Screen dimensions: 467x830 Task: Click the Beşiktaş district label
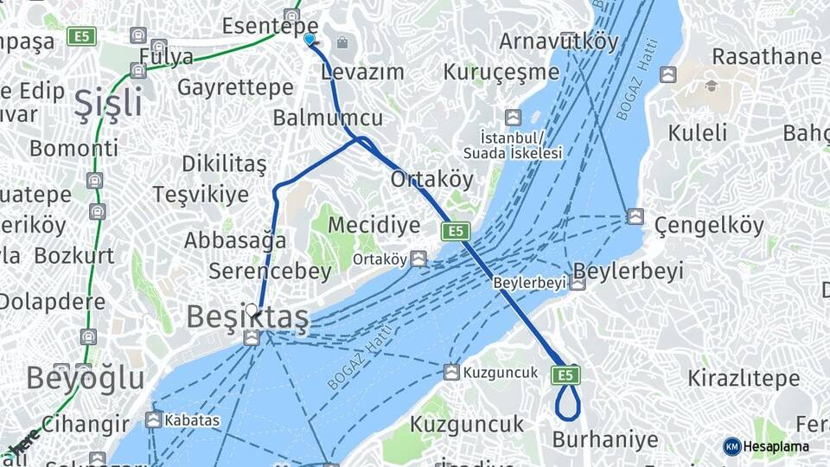[x=247, y=318]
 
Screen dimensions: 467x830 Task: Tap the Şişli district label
[x=108, y=104]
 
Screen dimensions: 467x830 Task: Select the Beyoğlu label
[x=85, y=378]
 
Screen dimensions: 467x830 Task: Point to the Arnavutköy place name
[x=559, y=42]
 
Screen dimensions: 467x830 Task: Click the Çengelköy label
[x=709, y=227]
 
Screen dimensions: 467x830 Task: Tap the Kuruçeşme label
[x=501, y=72]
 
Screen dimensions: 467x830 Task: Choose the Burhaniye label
[x=605, y=439]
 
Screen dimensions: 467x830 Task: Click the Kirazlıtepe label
[x=744, y=378]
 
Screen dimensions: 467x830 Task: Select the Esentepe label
[x=270, y=26]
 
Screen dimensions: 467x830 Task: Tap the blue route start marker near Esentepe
[x=310, y=39]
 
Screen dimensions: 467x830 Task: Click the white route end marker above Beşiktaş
[x=252, y=310]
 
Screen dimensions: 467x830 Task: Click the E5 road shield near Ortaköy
[x=455, y=231]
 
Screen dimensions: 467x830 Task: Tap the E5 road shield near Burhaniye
[x=565, y=374]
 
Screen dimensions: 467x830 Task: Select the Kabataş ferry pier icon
[x=154, y=420]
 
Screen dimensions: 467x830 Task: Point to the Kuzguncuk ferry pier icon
[x=451, y=372]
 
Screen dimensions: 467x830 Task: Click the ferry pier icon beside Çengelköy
[x=635, y=216]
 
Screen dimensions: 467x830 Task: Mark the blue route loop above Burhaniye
[x=567, y=400]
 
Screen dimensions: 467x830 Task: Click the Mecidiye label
[x=374, y=226]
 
